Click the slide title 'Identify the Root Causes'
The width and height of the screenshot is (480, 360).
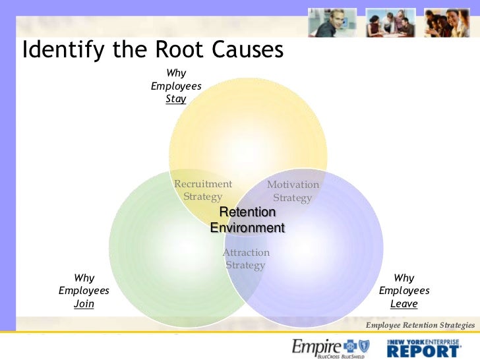[153, 50]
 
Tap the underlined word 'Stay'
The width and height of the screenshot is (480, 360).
[176, 100]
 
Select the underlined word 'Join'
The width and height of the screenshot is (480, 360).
[84, 304]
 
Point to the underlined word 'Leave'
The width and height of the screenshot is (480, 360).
[404, 304]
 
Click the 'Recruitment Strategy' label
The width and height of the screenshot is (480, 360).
[203, 190]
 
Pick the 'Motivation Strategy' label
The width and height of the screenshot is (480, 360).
[293, 191]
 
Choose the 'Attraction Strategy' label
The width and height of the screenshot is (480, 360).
[246, 258]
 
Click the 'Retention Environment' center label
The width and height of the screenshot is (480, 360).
[247, 220]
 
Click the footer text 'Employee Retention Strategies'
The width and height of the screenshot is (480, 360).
[420, 325]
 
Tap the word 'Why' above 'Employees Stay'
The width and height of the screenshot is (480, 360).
[176, 73]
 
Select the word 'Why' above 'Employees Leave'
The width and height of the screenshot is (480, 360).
[404, 278]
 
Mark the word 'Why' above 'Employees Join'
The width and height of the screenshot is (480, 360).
[84, 278]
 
